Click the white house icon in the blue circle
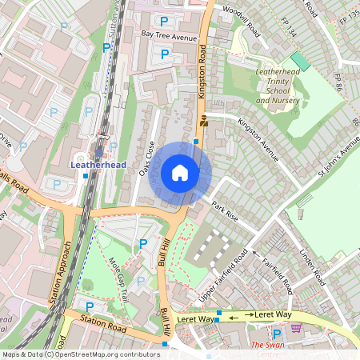tap(180, 172)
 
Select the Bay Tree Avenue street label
tap(169, 36)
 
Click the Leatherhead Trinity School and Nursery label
tap(278, 86)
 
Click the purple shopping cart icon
tap(297, 327)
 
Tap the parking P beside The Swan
tap(277, 334)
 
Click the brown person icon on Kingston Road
tap(204, 122)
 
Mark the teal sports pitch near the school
tap(300, 61)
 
